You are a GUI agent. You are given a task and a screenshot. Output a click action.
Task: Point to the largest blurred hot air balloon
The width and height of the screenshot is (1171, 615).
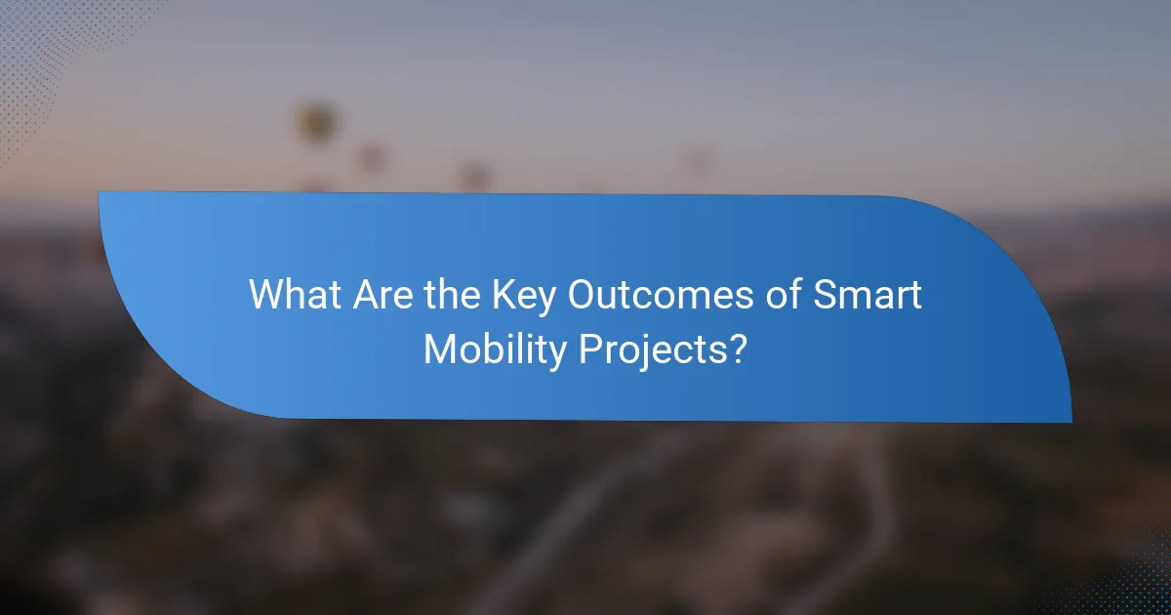pyautogui.click(x=315, y=123)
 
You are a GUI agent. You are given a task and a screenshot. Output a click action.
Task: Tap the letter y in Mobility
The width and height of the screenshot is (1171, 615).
pyautogui.click(x=557, y=353)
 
